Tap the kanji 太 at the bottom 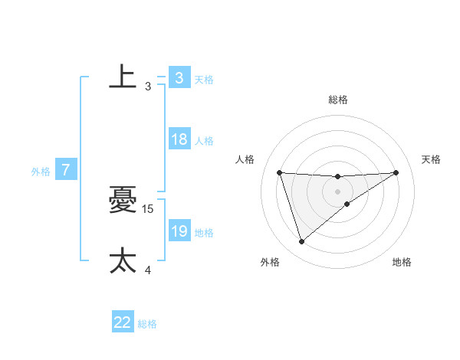123,260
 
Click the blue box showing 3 179,78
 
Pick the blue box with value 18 179,139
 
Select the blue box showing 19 179,231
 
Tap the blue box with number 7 66,170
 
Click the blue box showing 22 123,322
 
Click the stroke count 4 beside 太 148,270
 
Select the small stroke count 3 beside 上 148,87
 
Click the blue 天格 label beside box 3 204,80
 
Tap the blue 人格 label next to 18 204,141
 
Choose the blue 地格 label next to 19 204,233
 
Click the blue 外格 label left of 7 41,172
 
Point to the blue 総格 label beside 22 147,324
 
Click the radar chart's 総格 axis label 338,100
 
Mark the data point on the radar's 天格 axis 396,172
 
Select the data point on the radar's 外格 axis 301,242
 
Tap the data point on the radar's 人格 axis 280,172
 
